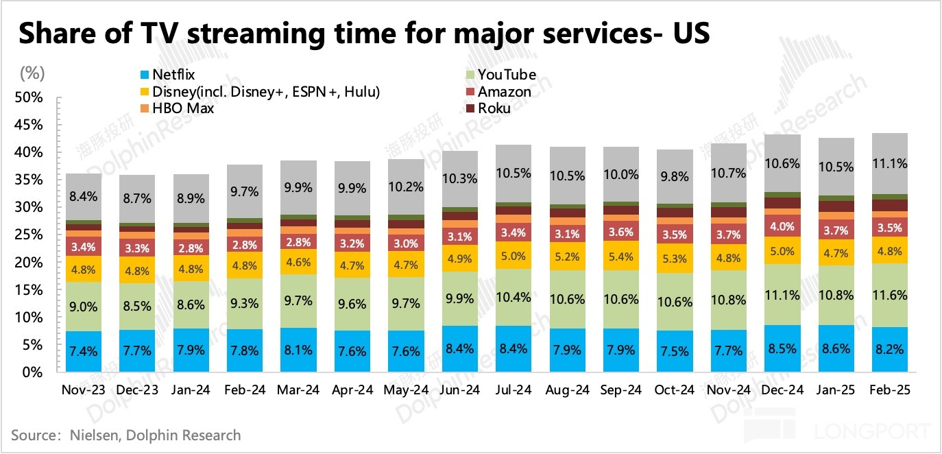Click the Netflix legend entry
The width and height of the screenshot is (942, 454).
[x=169, y=75]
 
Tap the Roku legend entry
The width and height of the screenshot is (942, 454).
[x=494, y=108]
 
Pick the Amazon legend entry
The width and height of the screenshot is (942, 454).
[x=504, y=92]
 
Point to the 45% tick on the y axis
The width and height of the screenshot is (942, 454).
[x=29, y=125]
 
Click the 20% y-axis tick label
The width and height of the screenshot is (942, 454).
[x=29, y=263]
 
